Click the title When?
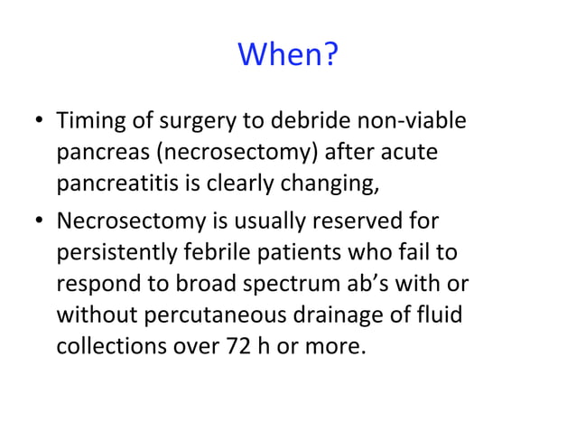[x=288, y=57]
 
